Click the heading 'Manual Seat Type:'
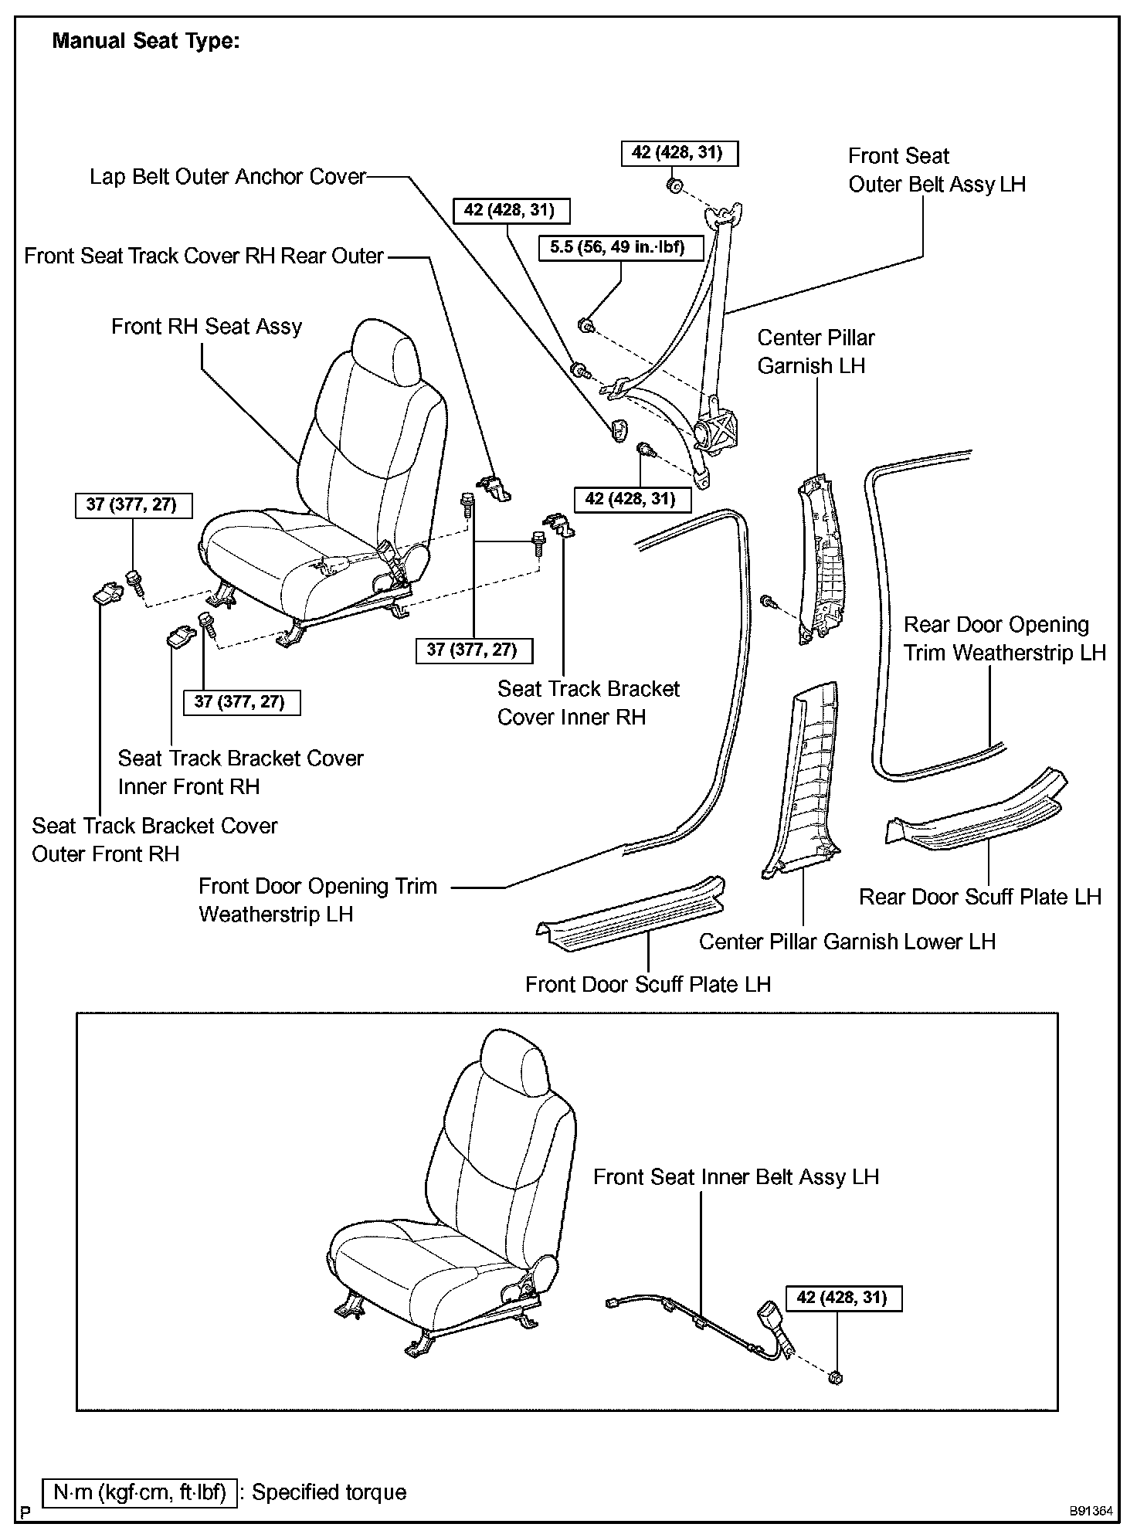click(x=146, y=42)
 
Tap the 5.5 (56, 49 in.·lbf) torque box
click(x=616, y=249)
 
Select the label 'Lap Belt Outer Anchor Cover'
click(x=228, y=177)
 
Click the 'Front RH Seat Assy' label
click(x=206, y=327)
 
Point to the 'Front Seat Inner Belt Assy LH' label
click(x=736, y=1177)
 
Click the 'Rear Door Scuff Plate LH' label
click(x=980, y=897)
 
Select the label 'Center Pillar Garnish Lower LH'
click(x=847, y=942)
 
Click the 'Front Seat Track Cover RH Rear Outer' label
click(x=204, y=256)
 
